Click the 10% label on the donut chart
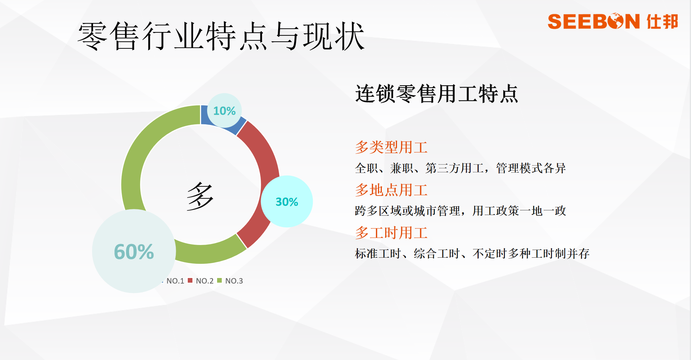(x=224, y=111)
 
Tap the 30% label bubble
(x=287, y=201)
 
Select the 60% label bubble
(x=134, y=251)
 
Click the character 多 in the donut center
(x=200, y=196)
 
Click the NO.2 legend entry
(x=201, y=281)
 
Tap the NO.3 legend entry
(x=230, y=281)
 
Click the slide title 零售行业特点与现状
(x=221, y=36)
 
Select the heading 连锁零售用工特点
(x=437, y=94)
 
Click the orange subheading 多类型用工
(x=391, y=147)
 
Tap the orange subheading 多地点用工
(x=391, y=190)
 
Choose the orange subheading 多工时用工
(x=391, y=232)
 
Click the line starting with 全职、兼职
(x=460, y=168)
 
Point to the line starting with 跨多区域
(x=460, y=211)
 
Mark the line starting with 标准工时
(x=472, y=253)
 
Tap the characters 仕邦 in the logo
(x=662, y=21)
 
